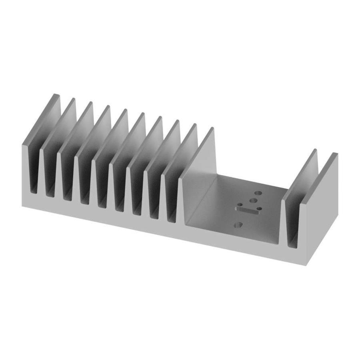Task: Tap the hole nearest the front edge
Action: click(239, 225)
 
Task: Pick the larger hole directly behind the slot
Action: click(253, 200)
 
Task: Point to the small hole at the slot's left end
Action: click(239, 205)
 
